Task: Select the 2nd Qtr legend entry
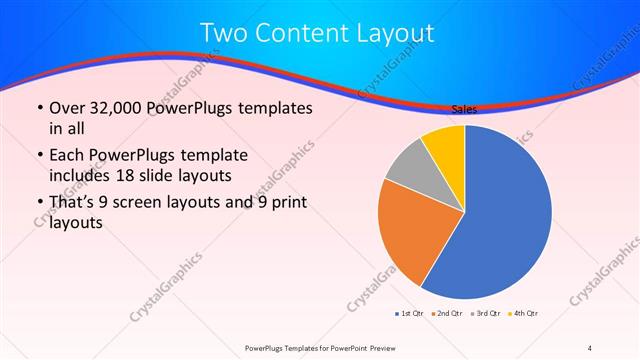pos(447,313)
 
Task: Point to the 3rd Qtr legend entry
pos(485,313)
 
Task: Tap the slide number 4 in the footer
pos(590,347)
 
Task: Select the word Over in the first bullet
pos(67,108)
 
